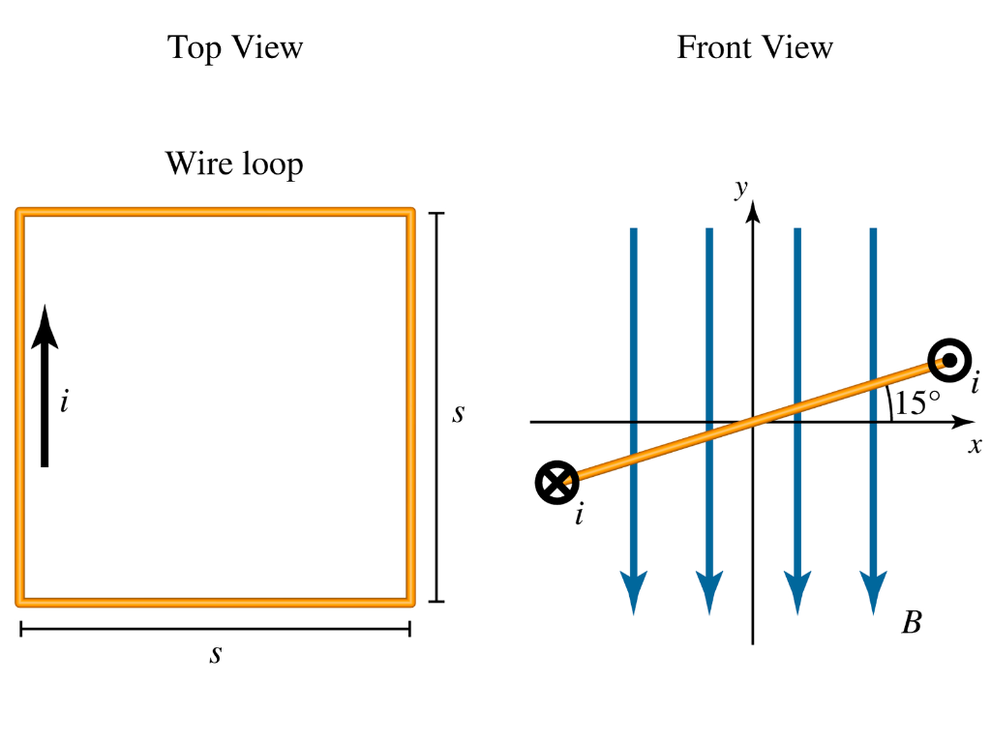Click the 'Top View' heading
coord(235,47)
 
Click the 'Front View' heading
coord(755,47)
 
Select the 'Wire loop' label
coord(234,163)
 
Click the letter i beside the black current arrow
coord(64,401)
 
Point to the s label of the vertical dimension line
coord(459,413)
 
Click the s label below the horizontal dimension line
coord(216,654)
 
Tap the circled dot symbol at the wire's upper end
coord(949,361)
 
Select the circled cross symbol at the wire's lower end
coord(556,482)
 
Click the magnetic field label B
coord(911,622)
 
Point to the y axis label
coord(741,189)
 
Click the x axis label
coord(975,445)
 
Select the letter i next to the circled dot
coord(976,385)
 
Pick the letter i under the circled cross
coord(579,516)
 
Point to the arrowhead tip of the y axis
coord(753,206)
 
